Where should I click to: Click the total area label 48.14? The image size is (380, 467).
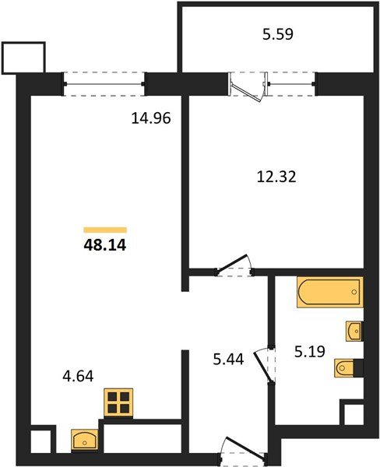pyautogui.click(x=105, y=245)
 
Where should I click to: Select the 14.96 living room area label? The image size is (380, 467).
pyautogui.click(x=150, y=119)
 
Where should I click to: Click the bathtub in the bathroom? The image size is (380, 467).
pyautogui.click(x=329, y=293)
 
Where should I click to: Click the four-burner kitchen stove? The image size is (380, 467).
pyautogui.click(x=119, y=403)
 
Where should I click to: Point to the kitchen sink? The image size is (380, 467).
pyautogui.click(x=83, y=441)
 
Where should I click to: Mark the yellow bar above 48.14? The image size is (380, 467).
pyautogui.click(x=105, y=230)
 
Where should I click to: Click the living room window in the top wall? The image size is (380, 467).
pyautogui.click(x=104, y=83)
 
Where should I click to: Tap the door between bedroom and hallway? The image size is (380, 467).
pyautogui.click(x=234, y=266)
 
